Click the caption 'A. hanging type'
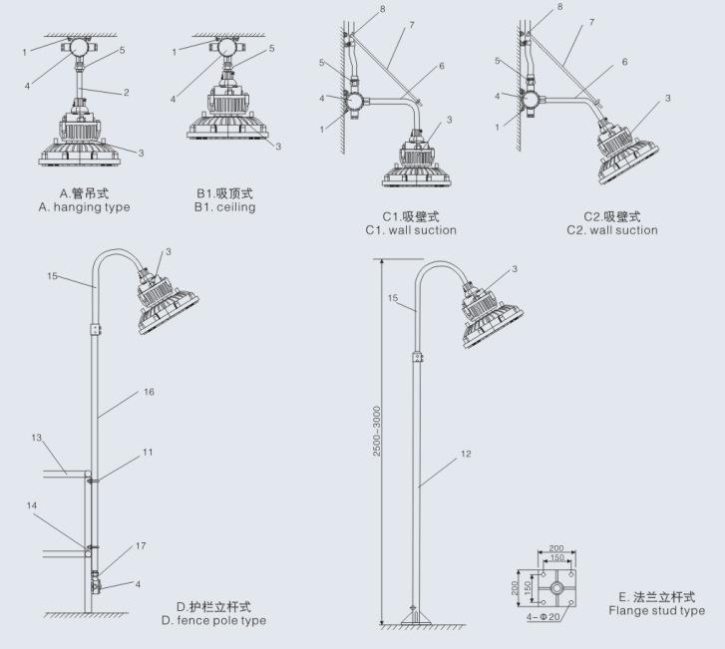click(85, 207)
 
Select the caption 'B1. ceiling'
click(224, 207)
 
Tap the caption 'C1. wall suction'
click(412, 230)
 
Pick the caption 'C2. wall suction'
click(612, 230)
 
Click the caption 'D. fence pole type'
click(213, 620)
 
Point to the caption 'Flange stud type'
click(656, 610)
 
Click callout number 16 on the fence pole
click(149, 392)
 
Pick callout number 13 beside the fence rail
click(36, 438)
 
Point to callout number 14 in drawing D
click(32, 505)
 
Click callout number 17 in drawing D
click(141, 545)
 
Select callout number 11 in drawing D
click(148, 452)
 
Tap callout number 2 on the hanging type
click(127, 93)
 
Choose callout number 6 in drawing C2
click(624, 62)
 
